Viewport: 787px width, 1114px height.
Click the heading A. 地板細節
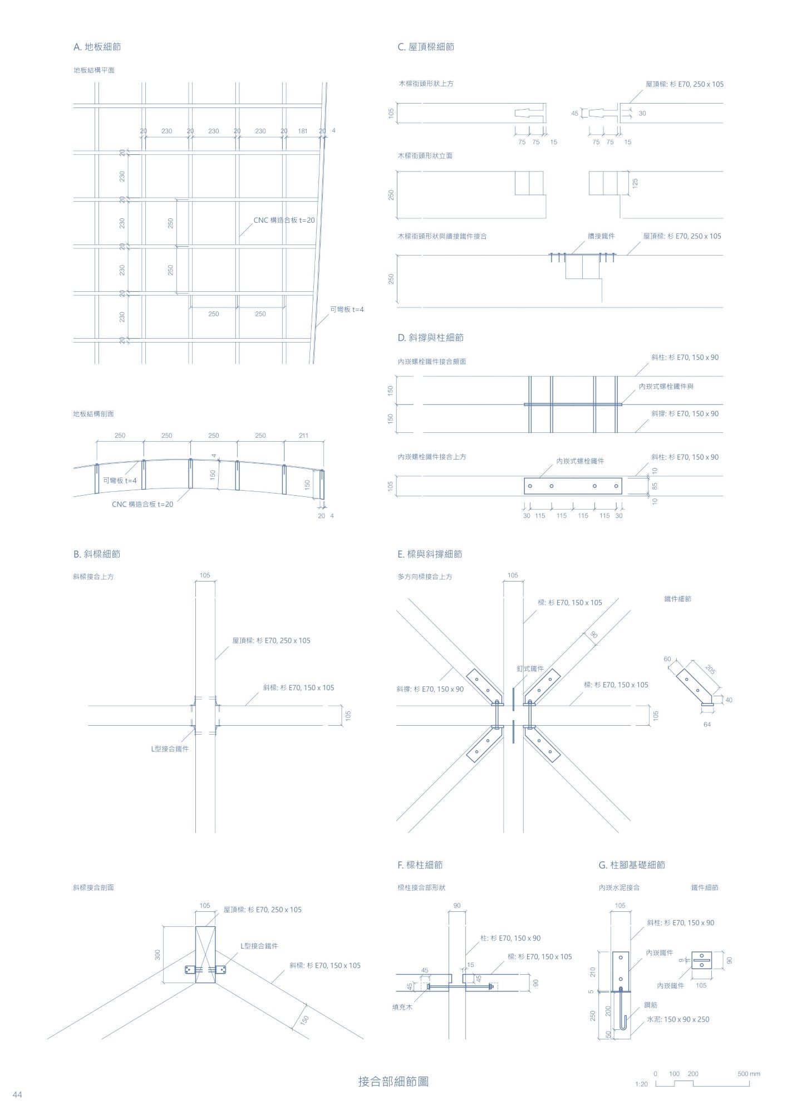[x=97, y=47]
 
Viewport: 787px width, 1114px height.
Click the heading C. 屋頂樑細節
[x=426, y=47]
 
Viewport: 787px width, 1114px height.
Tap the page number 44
[x=17, y=1095]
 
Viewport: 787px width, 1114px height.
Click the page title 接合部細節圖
[x=393, y=1081]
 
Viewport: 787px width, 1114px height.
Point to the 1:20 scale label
[x=641, y=1084]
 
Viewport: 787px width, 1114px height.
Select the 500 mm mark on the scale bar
[x=749, y=1073]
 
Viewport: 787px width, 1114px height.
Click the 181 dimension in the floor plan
[x=302, y=131]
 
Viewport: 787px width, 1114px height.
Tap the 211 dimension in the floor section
[x=303, y=436]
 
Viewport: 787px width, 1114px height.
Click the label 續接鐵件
[x=601, y=236]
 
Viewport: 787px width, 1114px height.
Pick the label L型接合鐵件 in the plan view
[x=170, y=749]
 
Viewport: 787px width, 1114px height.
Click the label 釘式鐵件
[x=530, y=668]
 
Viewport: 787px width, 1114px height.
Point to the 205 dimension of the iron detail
[x=710, y=670]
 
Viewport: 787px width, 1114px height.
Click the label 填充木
[x=402, y=1007]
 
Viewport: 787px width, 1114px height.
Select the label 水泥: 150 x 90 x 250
[x=678, y=1019]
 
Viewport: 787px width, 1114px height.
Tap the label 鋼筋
[x=650, y=1005]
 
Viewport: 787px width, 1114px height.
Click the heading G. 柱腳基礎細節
[x=632, y=864]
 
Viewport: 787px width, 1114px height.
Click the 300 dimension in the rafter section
[x=158, y=955]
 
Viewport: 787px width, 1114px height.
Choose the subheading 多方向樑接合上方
[x=425, y=576]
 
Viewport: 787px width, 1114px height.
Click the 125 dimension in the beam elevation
[x=635, y=183]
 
